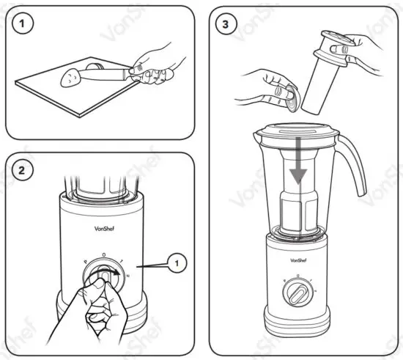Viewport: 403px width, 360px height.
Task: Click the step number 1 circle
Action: coord(26,24)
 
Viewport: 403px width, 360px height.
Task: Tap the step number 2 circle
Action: coord(26,172)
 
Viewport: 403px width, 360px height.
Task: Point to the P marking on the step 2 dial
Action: coord(85,260)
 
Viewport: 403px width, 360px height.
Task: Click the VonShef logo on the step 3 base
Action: coord(299,260)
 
